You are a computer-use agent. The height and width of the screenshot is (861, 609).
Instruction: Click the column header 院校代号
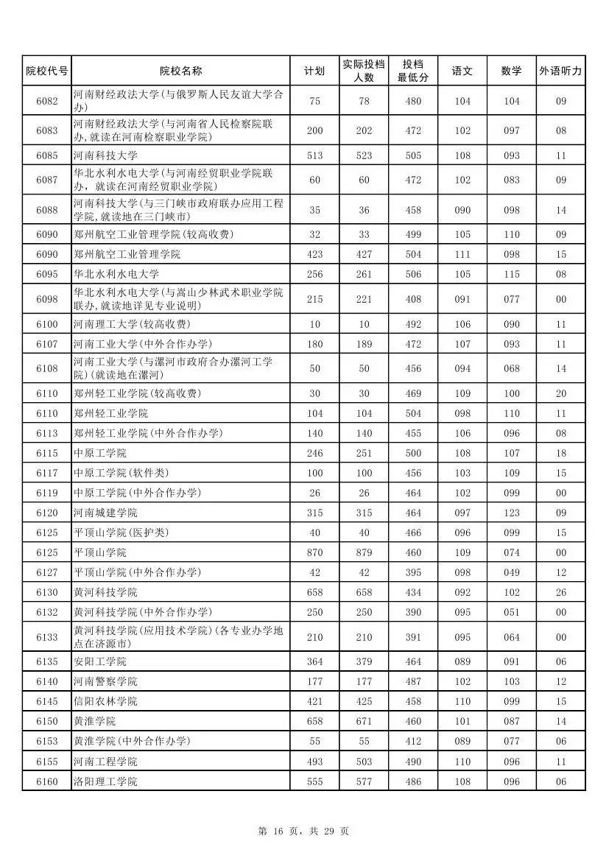coord(46,71)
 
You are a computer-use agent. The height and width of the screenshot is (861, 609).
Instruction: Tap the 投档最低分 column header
coord(413,71)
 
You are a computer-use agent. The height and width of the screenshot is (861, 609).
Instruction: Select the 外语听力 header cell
coord(560,71)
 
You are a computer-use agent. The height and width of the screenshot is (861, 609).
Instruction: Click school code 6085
coord(46,155)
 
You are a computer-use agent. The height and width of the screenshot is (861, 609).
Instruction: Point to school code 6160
coord(46,781)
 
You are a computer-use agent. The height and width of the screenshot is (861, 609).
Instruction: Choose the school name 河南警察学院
coord(105,682)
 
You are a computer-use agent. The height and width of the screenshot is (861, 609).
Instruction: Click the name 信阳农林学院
coord(105,702)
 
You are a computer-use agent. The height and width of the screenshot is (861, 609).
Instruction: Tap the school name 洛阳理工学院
coord(105,781)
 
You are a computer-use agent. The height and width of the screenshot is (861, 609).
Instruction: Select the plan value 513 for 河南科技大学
coord(314,155)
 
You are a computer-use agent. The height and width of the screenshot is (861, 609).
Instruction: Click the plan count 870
coord(314,552)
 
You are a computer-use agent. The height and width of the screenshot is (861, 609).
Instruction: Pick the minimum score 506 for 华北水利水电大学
coord(413,274)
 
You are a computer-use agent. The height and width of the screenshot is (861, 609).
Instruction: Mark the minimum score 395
coord(413,572)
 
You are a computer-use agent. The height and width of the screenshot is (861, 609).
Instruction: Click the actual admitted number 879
coord(364,552)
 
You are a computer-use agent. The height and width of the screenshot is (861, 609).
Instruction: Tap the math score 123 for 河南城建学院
coord(511,513)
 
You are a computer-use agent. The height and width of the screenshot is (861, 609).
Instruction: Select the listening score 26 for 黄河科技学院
coord(560,592)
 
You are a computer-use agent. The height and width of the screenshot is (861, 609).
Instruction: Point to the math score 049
coord(511,572)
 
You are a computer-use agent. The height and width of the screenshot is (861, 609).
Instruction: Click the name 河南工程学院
coord(105,762)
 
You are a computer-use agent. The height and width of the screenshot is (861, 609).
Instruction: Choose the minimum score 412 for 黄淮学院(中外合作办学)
coord(413,742)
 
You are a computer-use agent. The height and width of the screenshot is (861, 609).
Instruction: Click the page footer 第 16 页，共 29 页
coord(303,832)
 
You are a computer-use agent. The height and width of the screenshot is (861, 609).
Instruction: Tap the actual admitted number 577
coord(364,781)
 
